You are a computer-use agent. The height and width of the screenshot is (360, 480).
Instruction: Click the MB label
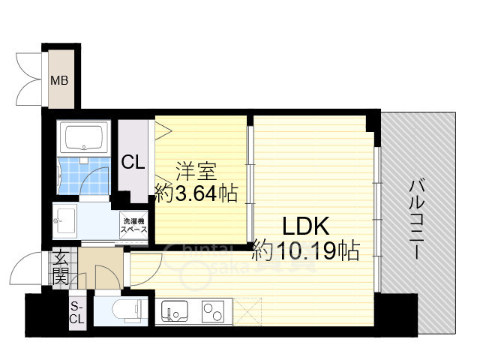(x=58, y=80)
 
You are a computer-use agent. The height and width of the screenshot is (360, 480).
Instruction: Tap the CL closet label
(x=133, y=161)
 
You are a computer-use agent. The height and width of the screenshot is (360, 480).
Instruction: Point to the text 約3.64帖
(x=196, y=193)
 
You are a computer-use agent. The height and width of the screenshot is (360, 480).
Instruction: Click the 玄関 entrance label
(x=60, y=268)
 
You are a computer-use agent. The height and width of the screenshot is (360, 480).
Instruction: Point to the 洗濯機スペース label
(x=134, y=223)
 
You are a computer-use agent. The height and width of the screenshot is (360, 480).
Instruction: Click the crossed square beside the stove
(x=247, y=309)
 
